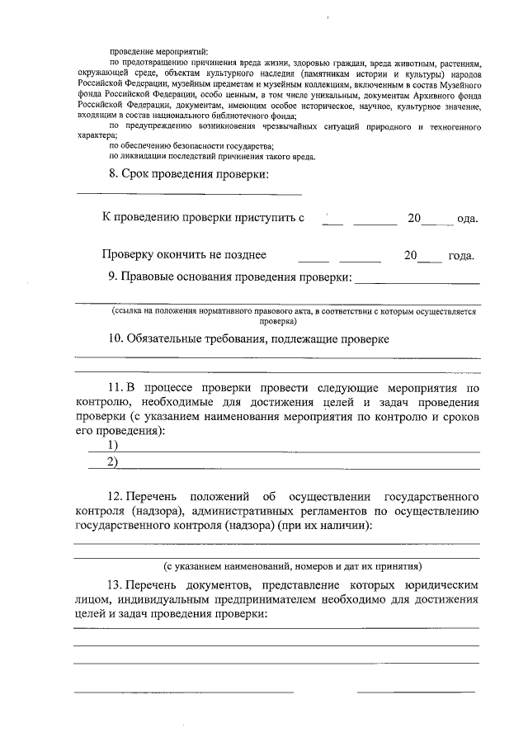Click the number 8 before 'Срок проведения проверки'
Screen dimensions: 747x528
113,175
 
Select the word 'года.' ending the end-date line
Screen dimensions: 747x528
461,256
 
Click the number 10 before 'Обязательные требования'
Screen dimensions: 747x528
116,338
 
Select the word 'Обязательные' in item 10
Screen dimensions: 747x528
172,338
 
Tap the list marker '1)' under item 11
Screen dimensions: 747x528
112,445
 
